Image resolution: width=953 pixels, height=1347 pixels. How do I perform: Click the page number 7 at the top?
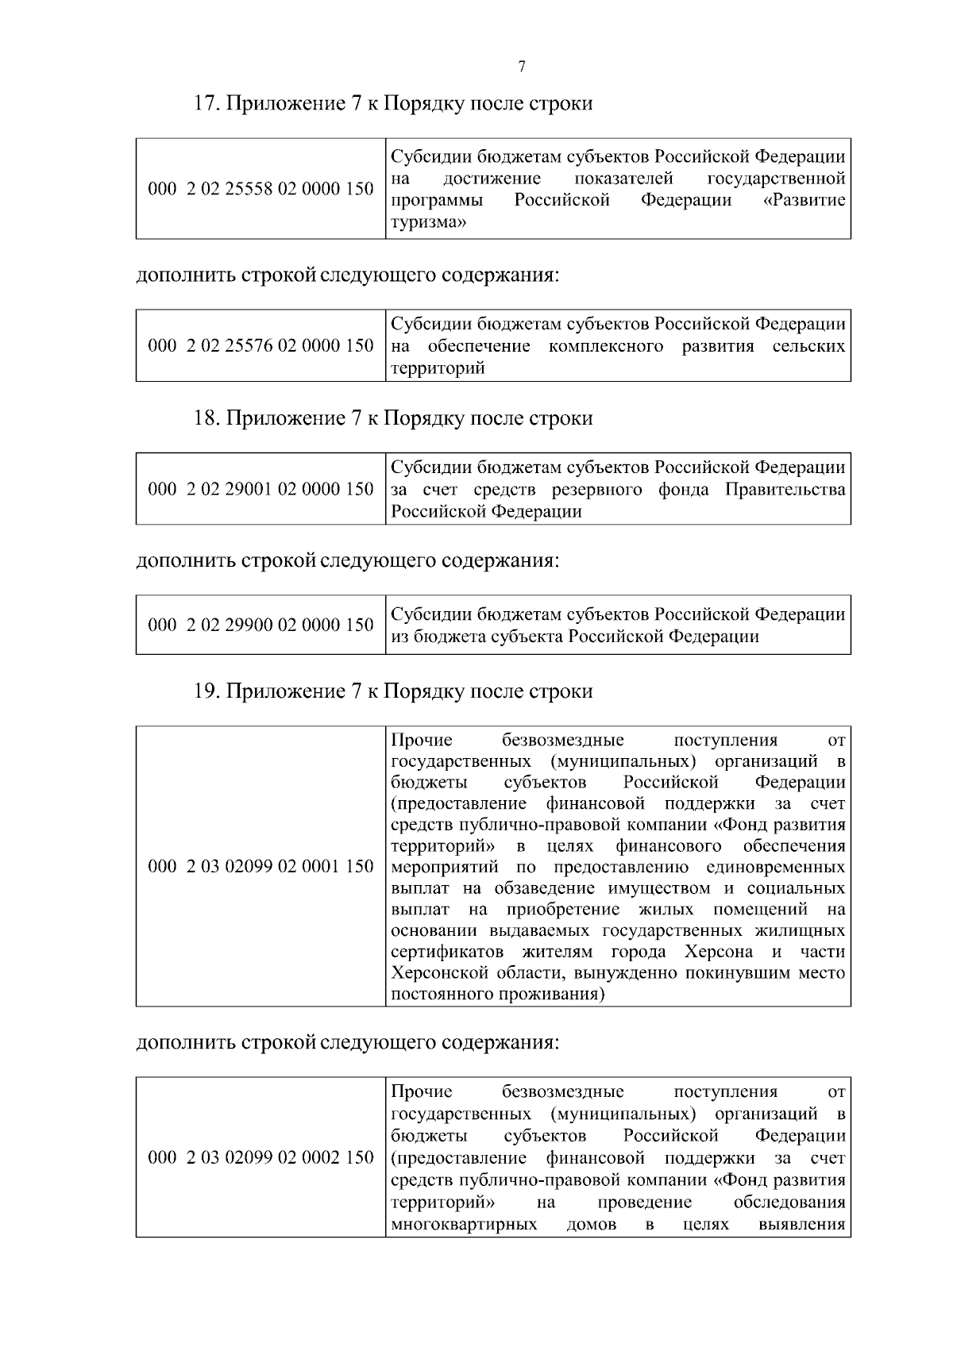(522, 67)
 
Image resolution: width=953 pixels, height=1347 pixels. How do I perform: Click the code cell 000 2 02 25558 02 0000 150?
(260, 189)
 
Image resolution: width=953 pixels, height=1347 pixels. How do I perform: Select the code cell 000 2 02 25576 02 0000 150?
(260, 345)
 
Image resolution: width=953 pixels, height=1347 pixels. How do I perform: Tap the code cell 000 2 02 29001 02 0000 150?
(260, 489)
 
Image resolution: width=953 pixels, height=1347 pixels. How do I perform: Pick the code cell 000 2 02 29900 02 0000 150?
(260, 625)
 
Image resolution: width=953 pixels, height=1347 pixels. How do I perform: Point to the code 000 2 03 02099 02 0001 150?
(260, 866)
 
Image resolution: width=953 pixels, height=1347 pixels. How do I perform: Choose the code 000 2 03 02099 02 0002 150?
(260, 1157)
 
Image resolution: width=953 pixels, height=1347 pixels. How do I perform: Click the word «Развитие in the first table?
(804, 200)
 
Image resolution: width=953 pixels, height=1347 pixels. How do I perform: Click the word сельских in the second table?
(808, 346)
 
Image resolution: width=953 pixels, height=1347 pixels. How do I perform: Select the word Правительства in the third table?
(785, 490)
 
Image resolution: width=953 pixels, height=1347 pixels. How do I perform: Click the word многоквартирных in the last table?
(464, 1225)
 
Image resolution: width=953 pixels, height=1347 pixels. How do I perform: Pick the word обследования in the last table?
(789, 1203)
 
